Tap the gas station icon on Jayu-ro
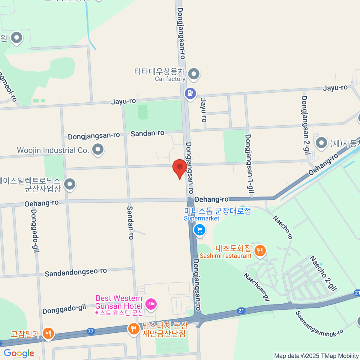point(190,93)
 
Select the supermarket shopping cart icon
point(199,230)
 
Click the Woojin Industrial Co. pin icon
point(97,149)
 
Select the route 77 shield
point(91,331)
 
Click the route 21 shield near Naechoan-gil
point(241,311)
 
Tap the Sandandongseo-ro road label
point(76,272)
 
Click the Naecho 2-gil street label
point(323,273)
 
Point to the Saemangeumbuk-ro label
point(319,324)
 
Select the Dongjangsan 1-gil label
point(250,163)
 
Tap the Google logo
point(19,353)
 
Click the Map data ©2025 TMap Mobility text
point(316,356)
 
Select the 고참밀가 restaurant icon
point(48,333)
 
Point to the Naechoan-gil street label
point(256,287)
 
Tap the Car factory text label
point(170,79)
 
